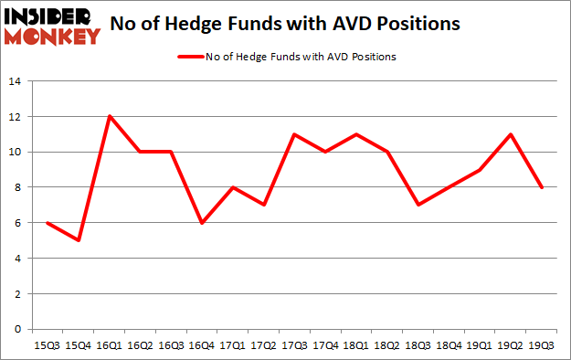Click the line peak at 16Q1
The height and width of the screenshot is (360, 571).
109,116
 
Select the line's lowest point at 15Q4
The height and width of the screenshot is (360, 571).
78,240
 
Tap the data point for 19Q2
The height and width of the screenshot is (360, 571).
512,134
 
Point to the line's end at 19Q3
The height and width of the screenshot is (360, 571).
543,187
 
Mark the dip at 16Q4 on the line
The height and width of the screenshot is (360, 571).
202,223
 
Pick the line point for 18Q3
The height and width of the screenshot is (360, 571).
418,205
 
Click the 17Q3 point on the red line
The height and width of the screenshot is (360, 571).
295,134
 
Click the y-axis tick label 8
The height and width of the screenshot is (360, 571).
16,187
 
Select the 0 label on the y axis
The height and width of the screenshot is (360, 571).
16,329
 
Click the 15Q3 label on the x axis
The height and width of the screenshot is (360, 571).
47,345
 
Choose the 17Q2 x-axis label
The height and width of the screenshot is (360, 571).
264,345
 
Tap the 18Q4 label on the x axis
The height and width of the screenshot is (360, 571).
449,345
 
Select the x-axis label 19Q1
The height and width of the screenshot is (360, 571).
481,345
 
